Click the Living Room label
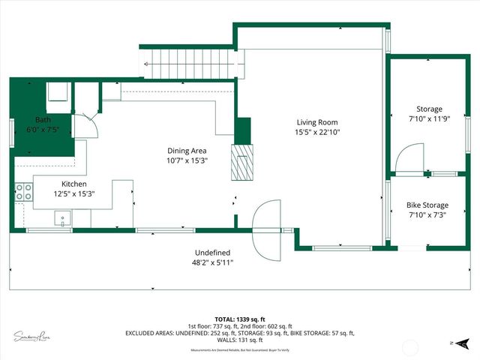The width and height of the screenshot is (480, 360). pos(317,122)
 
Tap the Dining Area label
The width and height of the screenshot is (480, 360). pos(187,150)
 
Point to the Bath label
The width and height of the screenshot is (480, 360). pos(43,120)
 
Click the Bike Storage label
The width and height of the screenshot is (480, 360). pos(427,205)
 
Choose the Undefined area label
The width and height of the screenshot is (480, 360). pos(213,253)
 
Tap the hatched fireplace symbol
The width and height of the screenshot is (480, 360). pos(242,162)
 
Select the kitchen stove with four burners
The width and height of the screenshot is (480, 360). pos(23,192)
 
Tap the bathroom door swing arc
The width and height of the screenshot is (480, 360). pos(89,124)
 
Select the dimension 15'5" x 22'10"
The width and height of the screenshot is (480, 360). pos(317,133)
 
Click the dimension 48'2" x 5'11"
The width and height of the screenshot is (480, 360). pos(213,262)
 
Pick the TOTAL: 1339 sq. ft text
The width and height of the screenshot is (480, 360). pos(239,318)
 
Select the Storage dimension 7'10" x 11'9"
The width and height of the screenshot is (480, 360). pos(425,119)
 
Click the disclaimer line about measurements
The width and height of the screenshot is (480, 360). pos(239,350)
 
